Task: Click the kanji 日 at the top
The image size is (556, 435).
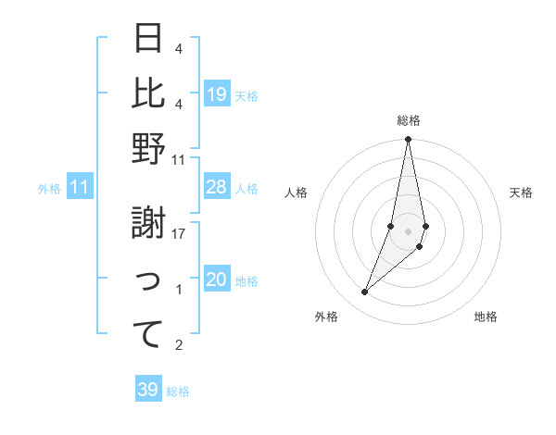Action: click(149, 38)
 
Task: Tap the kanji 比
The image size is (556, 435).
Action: click(149, 93)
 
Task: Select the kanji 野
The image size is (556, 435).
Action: click(149, 149)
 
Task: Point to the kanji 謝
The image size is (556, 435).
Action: click(149, 222)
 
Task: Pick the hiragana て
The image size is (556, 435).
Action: click(149, 333)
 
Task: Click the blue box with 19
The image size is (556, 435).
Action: click(217, 94)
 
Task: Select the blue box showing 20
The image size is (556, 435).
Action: click(217, 280)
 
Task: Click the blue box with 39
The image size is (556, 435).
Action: click(148, 390)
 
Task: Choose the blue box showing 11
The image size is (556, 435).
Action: click(80, 188)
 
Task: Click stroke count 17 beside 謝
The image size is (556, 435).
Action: click(180, 233)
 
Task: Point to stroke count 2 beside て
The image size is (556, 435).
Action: click(178, 345)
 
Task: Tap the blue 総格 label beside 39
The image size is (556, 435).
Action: click(178, 391)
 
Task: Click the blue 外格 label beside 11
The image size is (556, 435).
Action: click(49, 189)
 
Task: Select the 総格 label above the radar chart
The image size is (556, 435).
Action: click(408, 120)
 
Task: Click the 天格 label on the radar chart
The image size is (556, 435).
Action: click(521, 193)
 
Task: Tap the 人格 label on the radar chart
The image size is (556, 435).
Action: click(296, 193)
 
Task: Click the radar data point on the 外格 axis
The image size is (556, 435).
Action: click(364, 292)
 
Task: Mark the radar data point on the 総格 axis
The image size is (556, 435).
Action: click(408, 140)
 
